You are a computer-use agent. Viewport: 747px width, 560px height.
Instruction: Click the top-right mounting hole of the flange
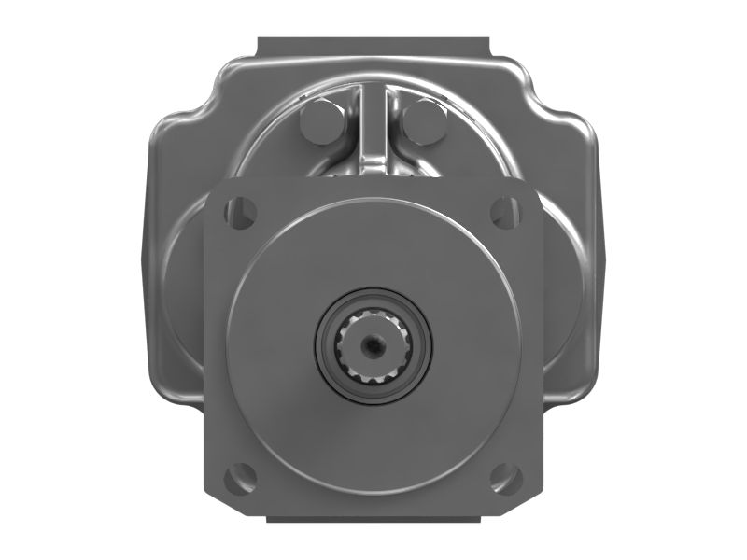505,211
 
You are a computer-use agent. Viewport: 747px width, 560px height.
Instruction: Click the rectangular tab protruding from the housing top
373,47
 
